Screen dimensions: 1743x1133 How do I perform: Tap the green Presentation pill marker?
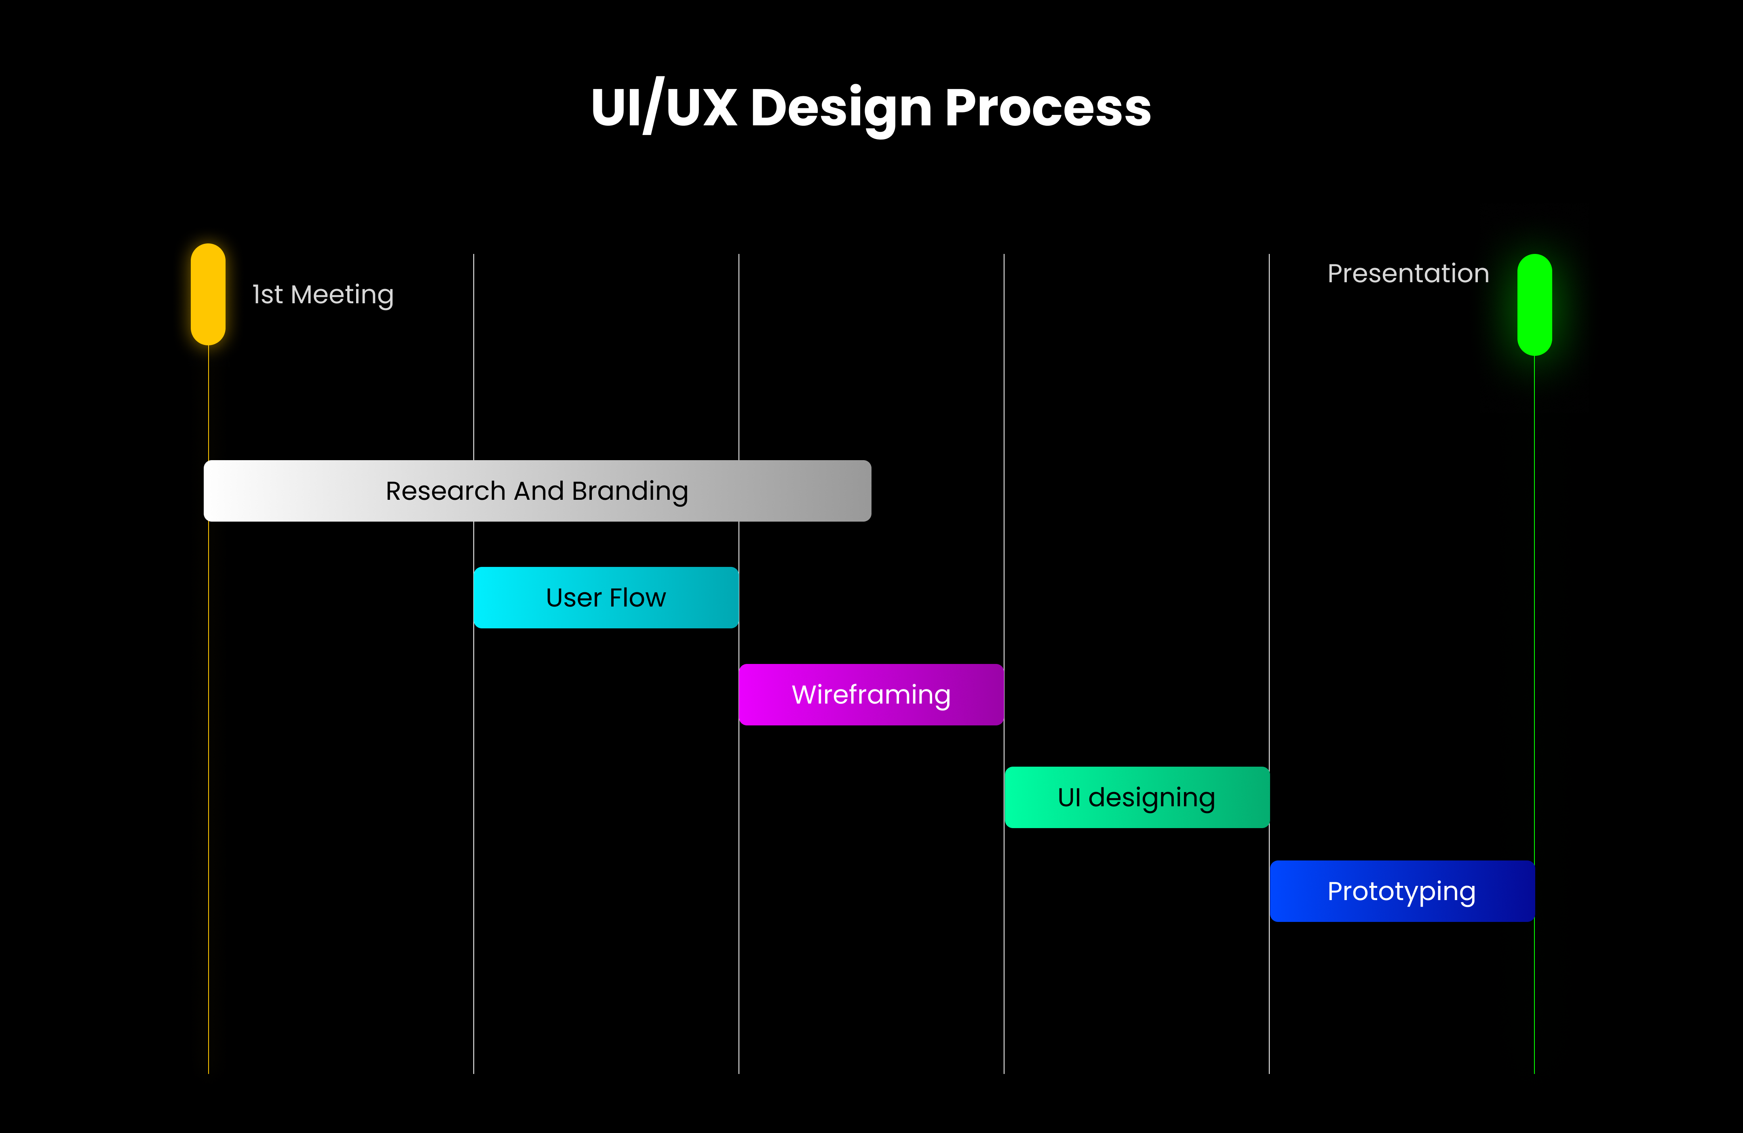click(x=1534, y=304)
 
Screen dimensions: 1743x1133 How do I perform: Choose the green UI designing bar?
click(x=1137, y=797)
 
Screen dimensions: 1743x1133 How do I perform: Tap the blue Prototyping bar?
click(x=1402, y=891)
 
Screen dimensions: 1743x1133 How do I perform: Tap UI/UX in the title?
click(x=663, y=107)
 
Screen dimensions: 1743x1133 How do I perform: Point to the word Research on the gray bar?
click(x=445, y=491)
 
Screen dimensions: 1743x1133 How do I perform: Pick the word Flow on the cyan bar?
click(x=638, y=598)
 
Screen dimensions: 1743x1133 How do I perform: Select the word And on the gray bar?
click(x=539, y=491)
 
